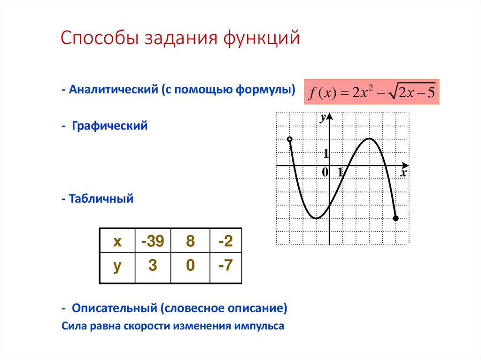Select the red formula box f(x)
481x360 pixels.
pyautogui.click(x=372, y=92)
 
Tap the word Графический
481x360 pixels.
pyautogui.click(x=110, y=126)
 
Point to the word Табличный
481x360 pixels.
pyautogui.click(x=101, y=199)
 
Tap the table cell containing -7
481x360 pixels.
pyautogui.click(x=225, y=266)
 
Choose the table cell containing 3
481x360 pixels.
pyautogui.click(x=153, y=266)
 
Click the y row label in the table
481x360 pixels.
pyautogui.click(x=117, y=266)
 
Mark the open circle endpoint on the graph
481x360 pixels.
pyautogui.click(x=289, y=139)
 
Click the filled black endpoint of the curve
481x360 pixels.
pyautogui.click(x=396, y=218)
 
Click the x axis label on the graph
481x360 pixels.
pyautogui.click(x=403, y=173)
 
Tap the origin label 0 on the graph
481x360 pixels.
pyautogui.click(x=325, y=173)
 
